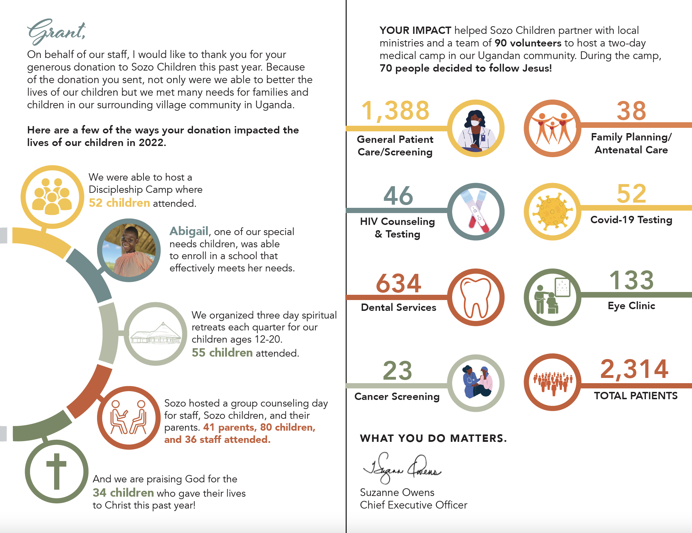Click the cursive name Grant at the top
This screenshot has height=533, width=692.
pyautogui.click(x=56, y=31)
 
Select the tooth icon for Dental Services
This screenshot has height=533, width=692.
pyautogui.click(x=476, y=297)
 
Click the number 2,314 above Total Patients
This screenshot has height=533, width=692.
pyautogui.click(x=634, y=369)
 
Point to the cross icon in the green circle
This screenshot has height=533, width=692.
pyautogui.click(x=56, y=471)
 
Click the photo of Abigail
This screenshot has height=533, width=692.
pyautogui.click(x=129, y=250)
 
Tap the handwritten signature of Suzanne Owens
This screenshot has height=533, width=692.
pyautogui.click(x=402, y=468)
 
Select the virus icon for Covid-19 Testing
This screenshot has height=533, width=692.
pyautogui.click(x=552, y=211)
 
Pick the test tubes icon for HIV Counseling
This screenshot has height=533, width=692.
pyautogui.click(x=476, y=212)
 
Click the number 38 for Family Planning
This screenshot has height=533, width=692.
pyautogui.click(x=631, y=111)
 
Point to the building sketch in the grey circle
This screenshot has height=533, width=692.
pyautogui.click(x=156, y=334)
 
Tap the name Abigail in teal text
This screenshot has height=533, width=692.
pyautogui.click(x=189, y=231)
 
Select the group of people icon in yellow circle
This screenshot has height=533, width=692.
pyautogui.click(x=52, y=197)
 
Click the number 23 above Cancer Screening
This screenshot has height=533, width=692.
pyautogui.click(x=397, y=371)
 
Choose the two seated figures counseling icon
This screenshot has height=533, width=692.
pyautogui.click(x=128, y=417)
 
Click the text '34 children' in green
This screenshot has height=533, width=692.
pyautogui.click(x=123, y=492)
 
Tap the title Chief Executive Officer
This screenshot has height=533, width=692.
pyautogui.click(x=413, y=505)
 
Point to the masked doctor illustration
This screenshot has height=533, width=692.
pyautogui.click(x=476, y=129)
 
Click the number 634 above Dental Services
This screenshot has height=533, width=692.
pyautogui.click(x=398, y=283)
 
